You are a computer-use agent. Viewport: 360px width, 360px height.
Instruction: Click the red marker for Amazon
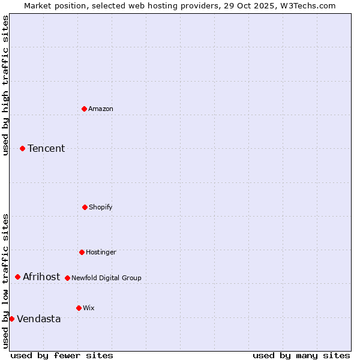coord(84,109)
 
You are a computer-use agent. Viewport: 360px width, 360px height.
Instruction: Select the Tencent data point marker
coord(22,148)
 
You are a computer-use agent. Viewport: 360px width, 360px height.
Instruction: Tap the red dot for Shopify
coord(85,207)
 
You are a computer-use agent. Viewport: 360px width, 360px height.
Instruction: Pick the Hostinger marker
coord(82,252)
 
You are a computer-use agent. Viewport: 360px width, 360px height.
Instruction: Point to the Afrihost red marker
coord(17,277)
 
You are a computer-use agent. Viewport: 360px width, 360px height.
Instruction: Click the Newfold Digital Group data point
coord(67,278)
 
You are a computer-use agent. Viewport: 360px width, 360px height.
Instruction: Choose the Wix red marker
coord(79,308)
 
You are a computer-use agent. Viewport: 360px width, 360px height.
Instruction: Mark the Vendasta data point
coord(11,319)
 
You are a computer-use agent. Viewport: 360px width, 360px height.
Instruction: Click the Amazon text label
coord(101,109)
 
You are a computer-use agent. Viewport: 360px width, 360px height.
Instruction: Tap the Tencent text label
coord(46,148)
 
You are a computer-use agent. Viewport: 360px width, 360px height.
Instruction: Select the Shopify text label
coord(101,207)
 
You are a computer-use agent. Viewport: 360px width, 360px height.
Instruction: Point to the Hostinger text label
coord(101,252)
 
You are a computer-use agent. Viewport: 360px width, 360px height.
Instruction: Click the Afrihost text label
coord(41,277)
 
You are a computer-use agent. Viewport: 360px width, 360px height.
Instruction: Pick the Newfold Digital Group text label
coord(106,278)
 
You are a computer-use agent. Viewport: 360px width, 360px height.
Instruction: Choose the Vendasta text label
coord(39,319)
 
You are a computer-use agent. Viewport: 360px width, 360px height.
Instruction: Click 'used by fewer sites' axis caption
coord(62,355)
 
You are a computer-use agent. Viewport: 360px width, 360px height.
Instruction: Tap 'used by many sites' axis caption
coord(301,355)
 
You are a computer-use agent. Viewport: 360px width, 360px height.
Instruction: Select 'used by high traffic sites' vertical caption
coord(5,85)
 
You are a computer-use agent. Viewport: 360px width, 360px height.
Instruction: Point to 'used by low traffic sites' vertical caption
coord(5,281)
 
